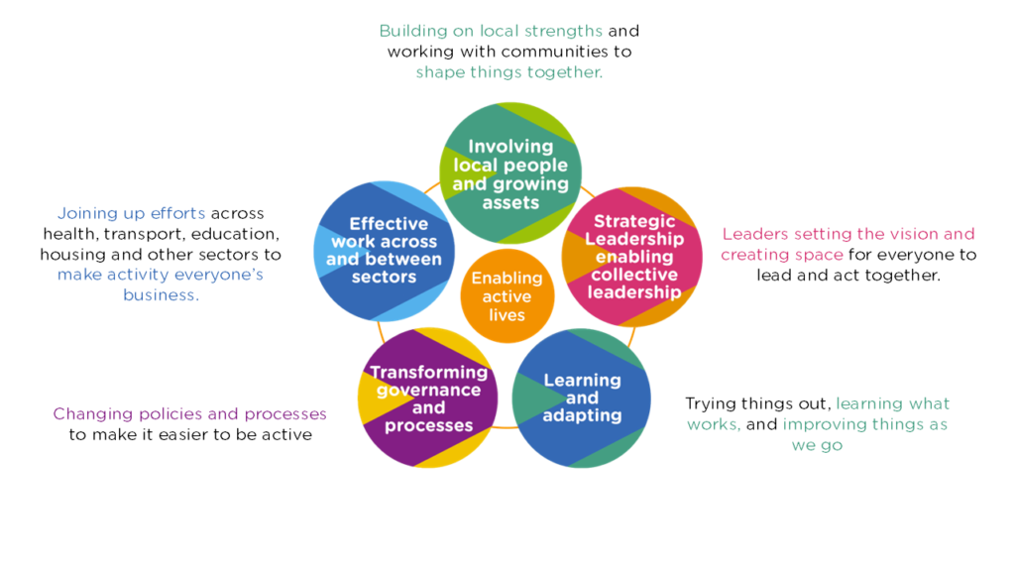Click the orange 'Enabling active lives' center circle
[507, 296]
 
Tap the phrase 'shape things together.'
[508, 72]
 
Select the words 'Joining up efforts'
[132, 213]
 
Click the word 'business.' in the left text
[161, 295]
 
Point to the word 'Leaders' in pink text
[757, 234]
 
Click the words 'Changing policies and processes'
[189, 413]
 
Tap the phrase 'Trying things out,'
[757, 403]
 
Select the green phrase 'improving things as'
[864, 424]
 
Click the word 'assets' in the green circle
[510, 202]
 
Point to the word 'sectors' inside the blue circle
[384, 277]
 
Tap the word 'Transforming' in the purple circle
[428, 373]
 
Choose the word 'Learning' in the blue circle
[582, 380]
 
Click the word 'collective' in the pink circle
[633, 275]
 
